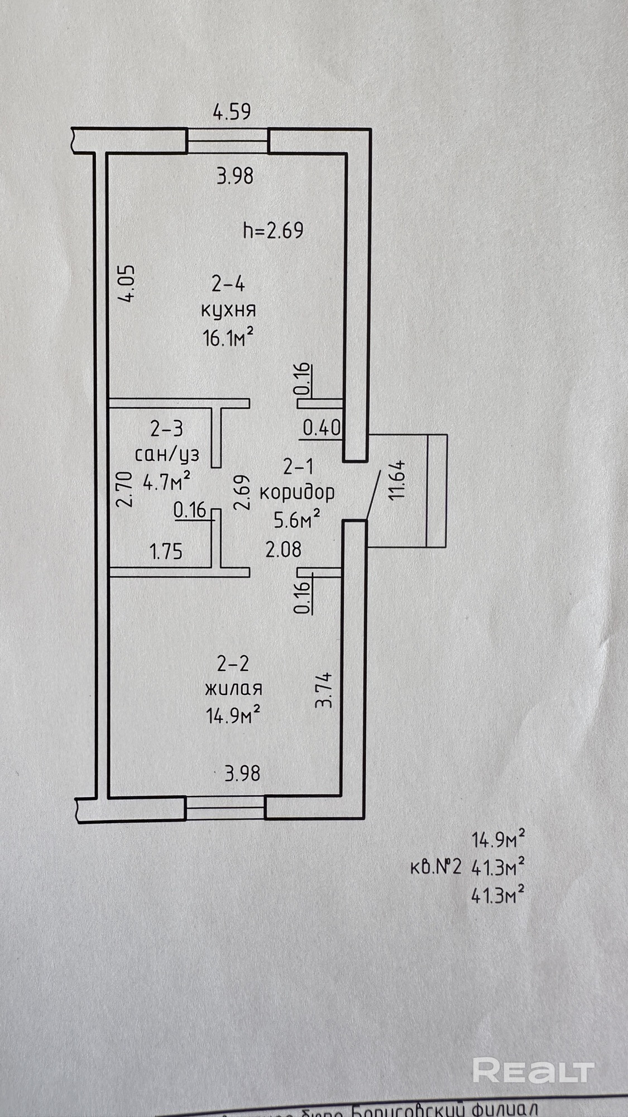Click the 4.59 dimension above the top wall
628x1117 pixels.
click(232, 112)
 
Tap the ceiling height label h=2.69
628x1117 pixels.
click(274, 230)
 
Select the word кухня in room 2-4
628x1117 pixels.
click(228, 310)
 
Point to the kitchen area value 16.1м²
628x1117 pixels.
click(229, 337)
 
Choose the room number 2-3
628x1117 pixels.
click(167, 429)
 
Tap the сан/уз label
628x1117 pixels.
click(167, 454)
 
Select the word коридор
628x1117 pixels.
click(298, 493)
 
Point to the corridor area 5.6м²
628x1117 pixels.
click(296, 520)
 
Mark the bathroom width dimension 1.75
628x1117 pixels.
click(166, 552)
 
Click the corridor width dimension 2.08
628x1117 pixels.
click(283, 550)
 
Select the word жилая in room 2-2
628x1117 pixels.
click(233, 688)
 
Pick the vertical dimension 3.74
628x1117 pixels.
click(324, 690)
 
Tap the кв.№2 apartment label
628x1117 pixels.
click(436, 867)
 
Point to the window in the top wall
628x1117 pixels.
click(228, 141)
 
